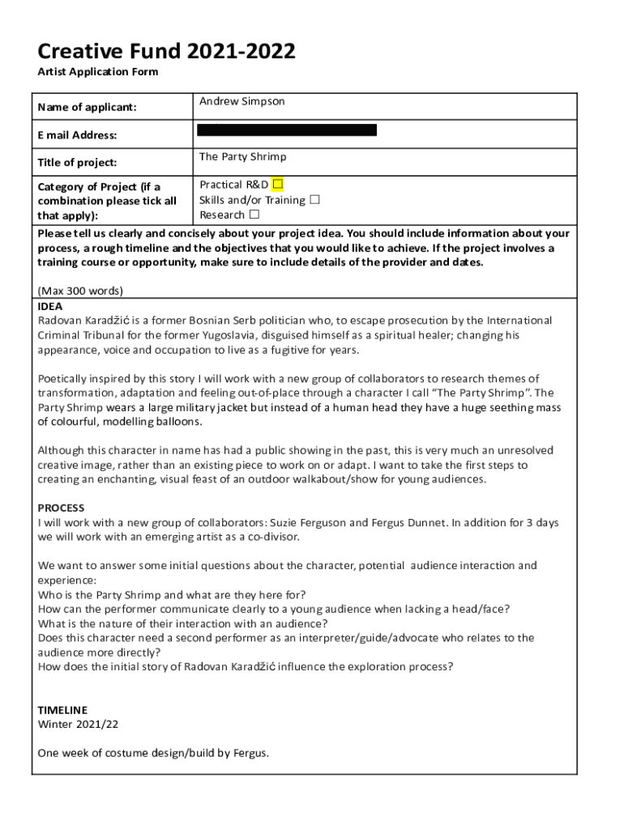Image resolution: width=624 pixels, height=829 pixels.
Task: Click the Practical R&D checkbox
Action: [x=278, y=185]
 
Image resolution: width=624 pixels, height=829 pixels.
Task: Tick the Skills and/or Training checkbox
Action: [x=315, y=200]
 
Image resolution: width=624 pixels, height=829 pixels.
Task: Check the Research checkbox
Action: [x=254, y=215]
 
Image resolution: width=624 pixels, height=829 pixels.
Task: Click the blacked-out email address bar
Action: [x=287, y=130]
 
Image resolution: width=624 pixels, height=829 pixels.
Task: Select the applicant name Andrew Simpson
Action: [x=242, y=102]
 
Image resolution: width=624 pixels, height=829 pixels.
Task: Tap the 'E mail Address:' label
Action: [x=77, y=135]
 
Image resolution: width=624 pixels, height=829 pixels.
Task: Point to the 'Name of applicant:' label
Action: [x=87, y=108]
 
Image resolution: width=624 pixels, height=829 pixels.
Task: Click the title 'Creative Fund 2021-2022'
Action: [x=166, y=53]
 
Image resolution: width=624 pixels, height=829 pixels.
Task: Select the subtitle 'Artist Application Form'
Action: [x=98, y=73]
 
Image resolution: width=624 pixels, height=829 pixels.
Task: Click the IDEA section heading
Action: [x=50, y=307]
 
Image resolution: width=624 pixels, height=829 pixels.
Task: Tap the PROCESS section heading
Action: [x=61, y=508]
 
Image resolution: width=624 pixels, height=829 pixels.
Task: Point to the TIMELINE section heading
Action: [x=63, y=710]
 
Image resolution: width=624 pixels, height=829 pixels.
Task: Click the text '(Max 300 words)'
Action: [x=80, y=291]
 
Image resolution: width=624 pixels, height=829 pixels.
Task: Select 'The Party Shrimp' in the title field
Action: [x=243, y=157]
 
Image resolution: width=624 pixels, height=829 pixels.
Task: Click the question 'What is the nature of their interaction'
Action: [x=182, y=623]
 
